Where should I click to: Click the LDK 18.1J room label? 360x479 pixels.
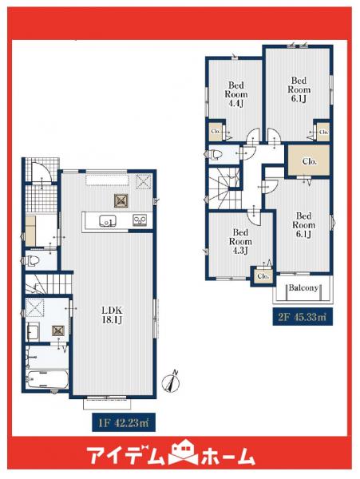[112, 315]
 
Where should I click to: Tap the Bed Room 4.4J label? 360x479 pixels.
[236, 94]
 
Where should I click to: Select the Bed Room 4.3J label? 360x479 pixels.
[240, 241]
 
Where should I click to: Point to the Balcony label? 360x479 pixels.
[303, 287]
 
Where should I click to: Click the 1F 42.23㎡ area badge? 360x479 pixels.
[124, 423]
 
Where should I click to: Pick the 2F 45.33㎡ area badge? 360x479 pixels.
[303, 317]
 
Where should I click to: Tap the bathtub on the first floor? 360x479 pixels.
[47, 378]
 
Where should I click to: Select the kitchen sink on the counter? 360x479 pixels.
[107, 220]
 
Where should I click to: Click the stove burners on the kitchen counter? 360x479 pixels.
[140, 220]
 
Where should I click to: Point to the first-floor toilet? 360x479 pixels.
[33, 260]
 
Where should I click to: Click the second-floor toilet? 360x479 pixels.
[216, 153]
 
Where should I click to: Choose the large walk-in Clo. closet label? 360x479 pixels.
[309, 161]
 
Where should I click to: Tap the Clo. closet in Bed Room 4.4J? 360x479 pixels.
[216, 132]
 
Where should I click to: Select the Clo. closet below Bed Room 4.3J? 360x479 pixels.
[263, 276]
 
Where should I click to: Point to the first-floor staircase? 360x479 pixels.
[48, 283]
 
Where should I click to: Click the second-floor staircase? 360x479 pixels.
[225, 188]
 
